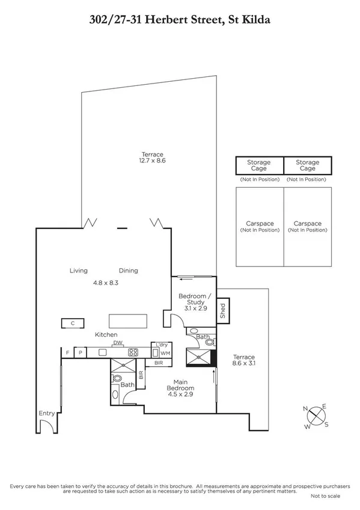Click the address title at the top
[x=180, y=20]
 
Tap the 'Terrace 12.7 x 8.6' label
[x=152, y=158]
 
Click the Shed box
[x=222, y=311]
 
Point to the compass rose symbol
[x=316, y=417]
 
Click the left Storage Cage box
[x=259, y=165]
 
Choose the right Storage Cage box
[x=307, y=165]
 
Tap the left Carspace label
[x=259, y=226]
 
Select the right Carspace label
[x=307, y=226]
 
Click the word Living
[x=79, y=271]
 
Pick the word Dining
[x=128, y=271]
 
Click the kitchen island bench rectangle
[x=128, y=321]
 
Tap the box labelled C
[x=72, y=324]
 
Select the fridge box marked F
[x=67, y=352]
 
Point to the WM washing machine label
[x=164, y=354]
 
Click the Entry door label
[x=46, y=413]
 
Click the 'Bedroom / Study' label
[x=195, y=300]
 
